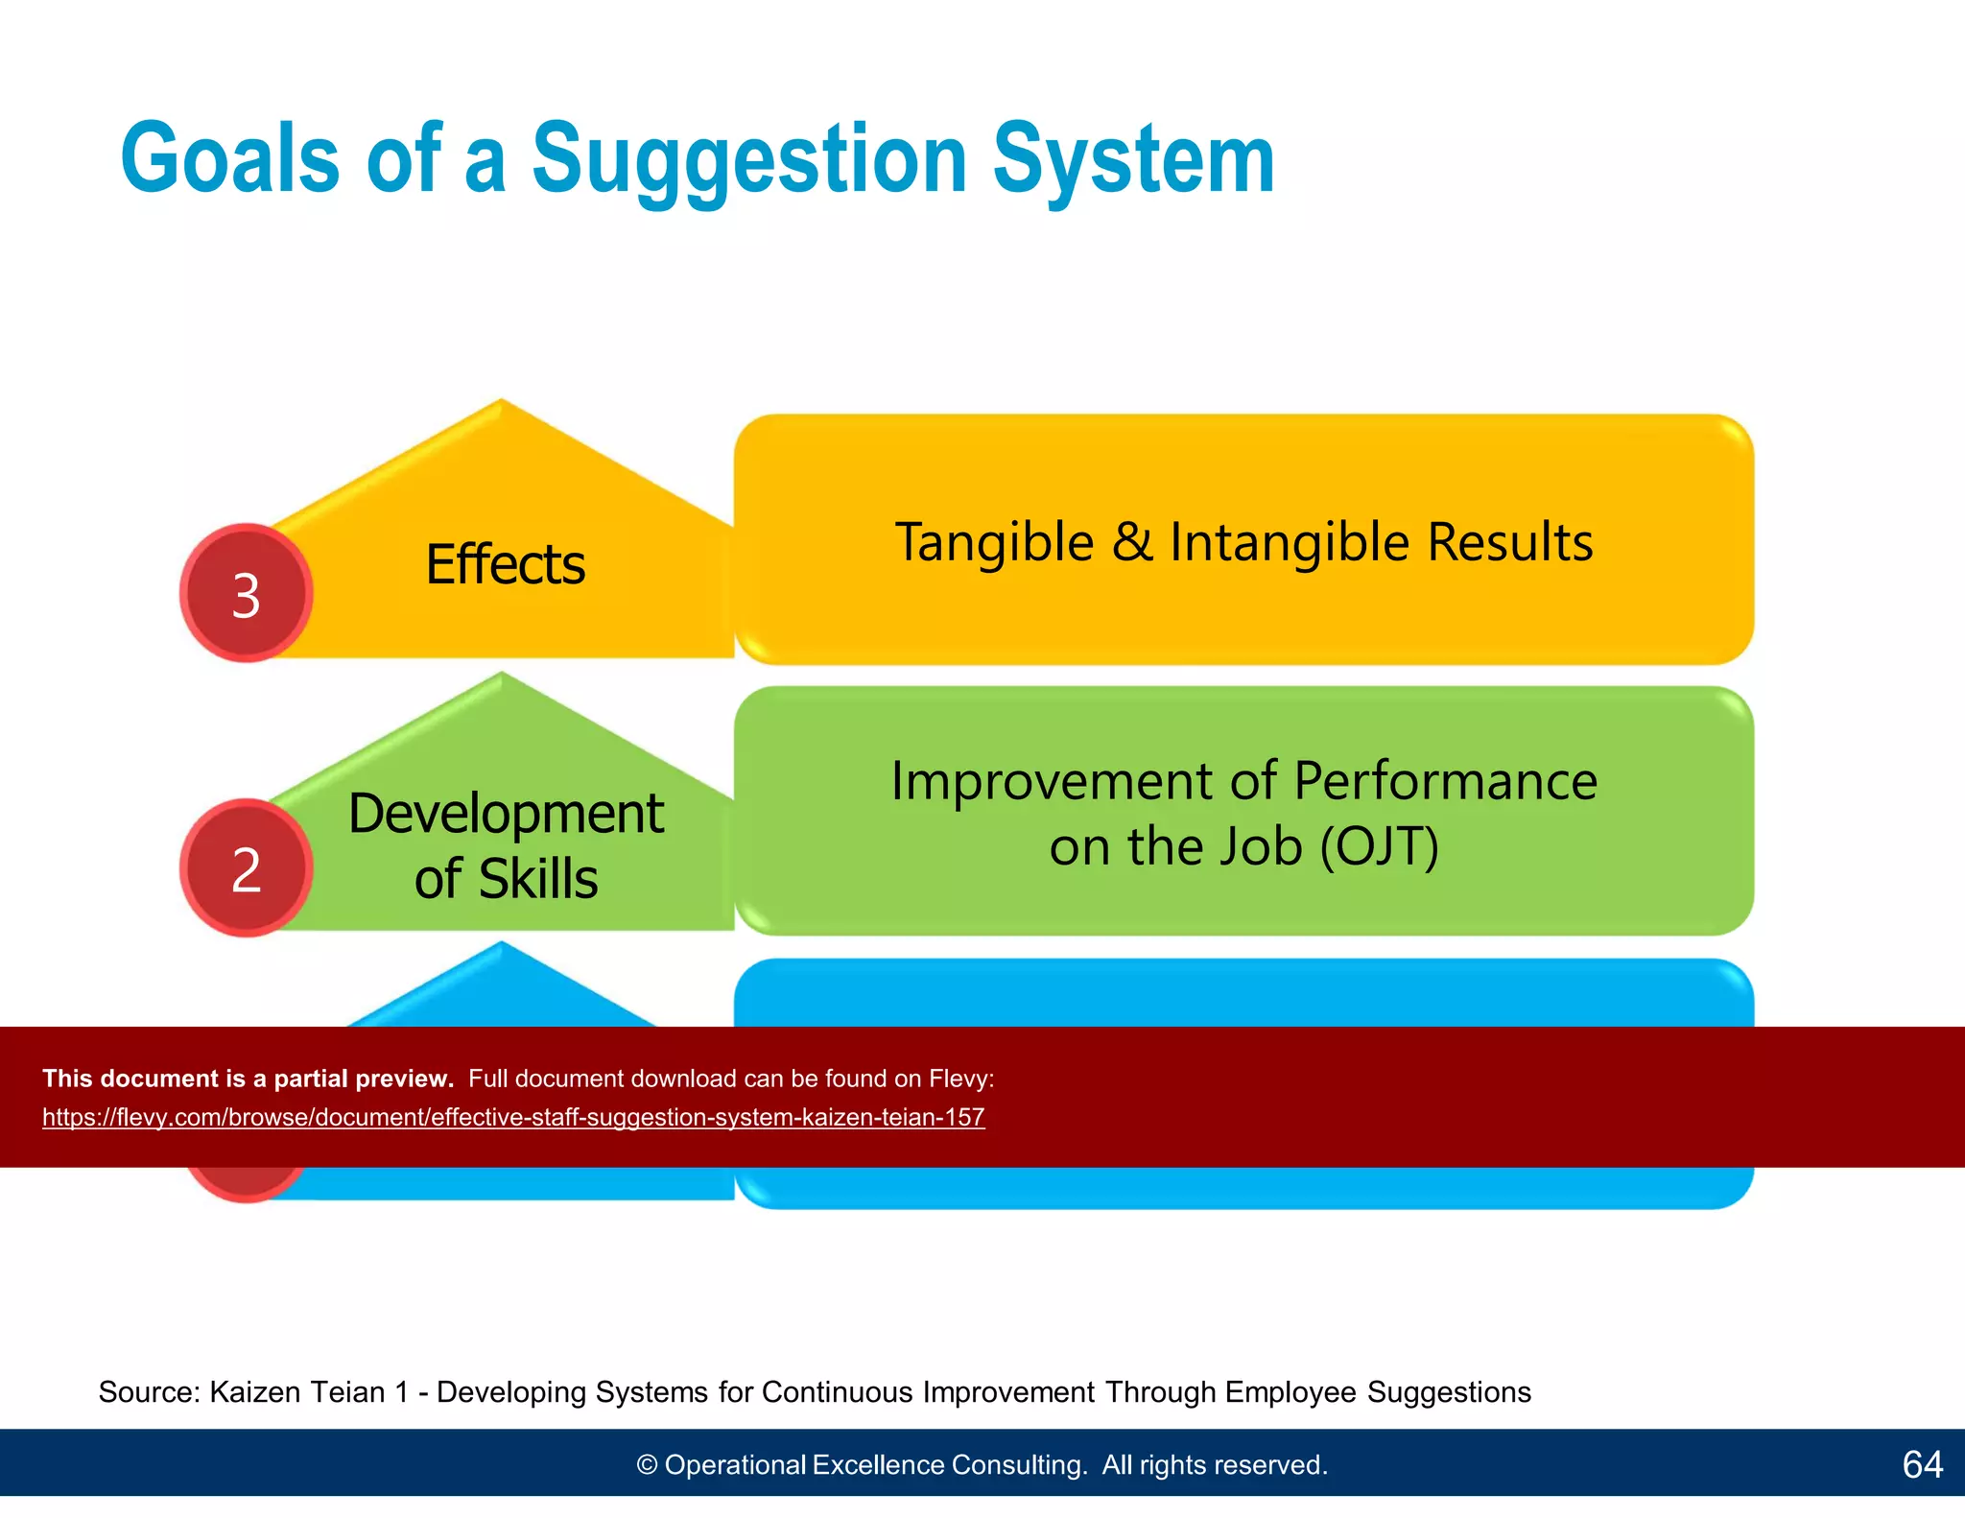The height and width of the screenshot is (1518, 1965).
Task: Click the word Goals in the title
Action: point(230,159)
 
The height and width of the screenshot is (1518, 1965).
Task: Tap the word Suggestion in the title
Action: point(749,159)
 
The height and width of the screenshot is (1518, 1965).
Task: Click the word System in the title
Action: point(1133,159)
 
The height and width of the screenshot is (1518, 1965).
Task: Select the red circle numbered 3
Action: point(247,594)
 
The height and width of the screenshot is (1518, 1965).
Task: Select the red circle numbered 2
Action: point(247,868)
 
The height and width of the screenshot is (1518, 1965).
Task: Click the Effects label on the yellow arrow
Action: point(505,564)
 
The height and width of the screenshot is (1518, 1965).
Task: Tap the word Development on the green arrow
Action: point(506,814)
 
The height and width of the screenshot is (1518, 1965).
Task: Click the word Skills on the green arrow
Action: point(538,879)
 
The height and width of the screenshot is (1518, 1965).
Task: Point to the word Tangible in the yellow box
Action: point(994,543)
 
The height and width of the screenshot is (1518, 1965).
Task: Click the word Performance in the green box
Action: point(1445,781)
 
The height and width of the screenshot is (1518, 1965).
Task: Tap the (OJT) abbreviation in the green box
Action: point(1379,847)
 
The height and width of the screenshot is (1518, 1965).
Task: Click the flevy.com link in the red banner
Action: point(513,1118)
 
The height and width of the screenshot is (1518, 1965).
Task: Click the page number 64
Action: point(1922,1464)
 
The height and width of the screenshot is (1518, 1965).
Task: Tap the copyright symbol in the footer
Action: point(648,1465)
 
